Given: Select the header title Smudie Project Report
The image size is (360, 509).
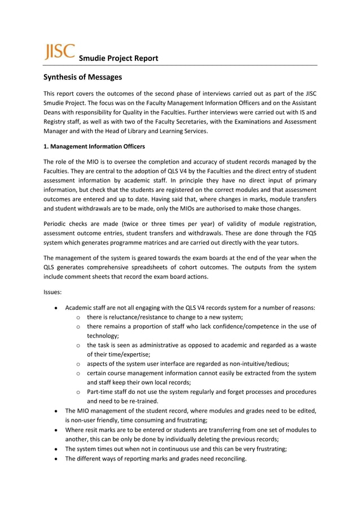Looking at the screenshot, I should [x=118, y=58].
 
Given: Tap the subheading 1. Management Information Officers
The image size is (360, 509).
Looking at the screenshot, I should [x=94, y=147].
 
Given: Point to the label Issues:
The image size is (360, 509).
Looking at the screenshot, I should [x=54, y=293].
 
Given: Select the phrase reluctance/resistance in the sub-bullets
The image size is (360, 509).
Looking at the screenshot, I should [x=128, y=318].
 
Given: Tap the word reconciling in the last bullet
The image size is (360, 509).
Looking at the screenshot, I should [x=227, y=458].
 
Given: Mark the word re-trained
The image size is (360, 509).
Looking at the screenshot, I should [x=140, y=402].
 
